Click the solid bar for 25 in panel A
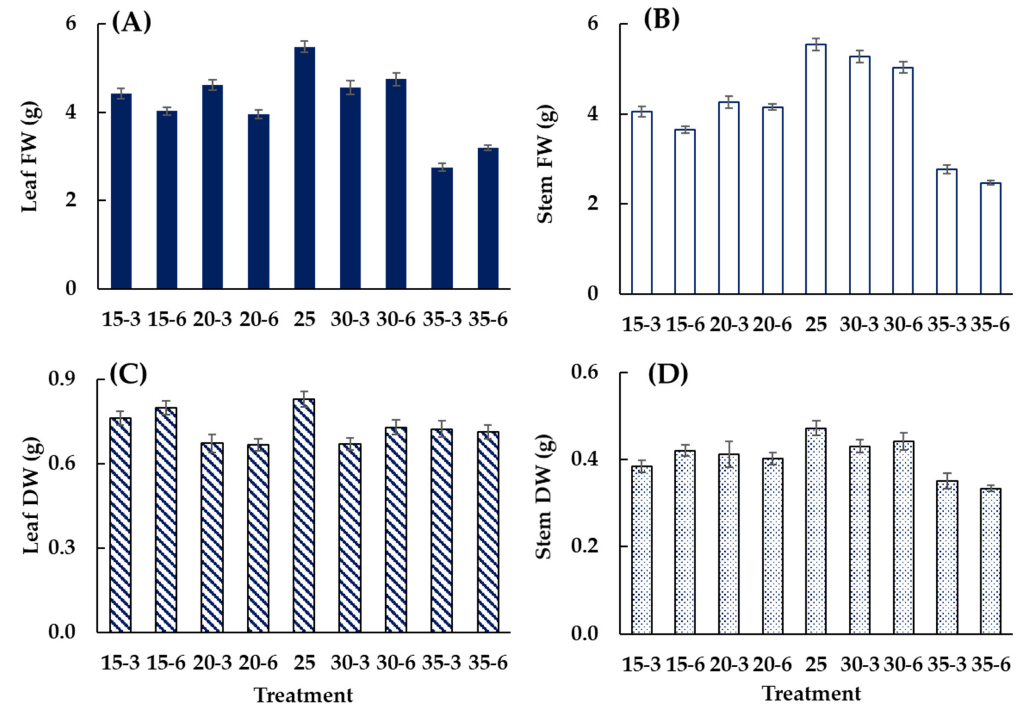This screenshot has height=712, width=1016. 304,168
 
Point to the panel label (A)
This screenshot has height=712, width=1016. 131,23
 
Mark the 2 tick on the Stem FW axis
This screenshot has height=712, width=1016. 593,204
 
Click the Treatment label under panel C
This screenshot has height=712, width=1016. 304,695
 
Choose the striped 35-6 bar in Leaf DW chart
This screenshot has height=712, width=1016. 488,531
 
